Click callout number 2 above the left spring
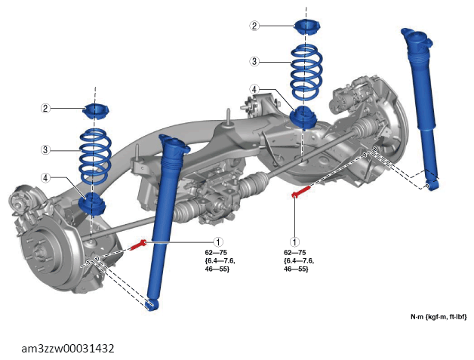[x=45, y=108]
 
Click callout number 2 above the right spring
[x=254, y=26]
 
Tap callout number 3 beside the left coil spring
[x=45, y=149]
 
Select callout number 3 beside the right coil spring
[x=254, y=61]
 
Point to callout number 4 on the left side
[x=45, y=177]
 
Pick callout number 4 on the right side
[x=254, y=90]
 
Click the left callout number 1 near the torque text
[x=218, y=242]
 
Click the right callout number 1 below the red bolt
[x=294, y=242]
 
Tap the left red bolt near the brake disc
[x=138, y=245]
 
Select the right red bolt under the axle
[x=301, y=192]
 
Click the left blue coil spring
[x=95, y=156]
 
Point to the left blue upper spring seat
[x=96, y=111]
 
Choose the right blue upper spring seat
[x=307, y=27]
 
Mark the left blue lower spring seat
[x=92, y=204]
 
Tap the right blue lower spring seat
[x=303, y=118]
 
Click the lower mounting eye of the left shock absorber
[x=152, y=305]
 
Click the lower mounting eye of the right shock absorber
[x=431, y=185]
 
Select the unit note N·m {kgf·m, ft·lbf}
[x=439, y=317]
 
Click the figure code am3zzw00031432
[x=68, y=349]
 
